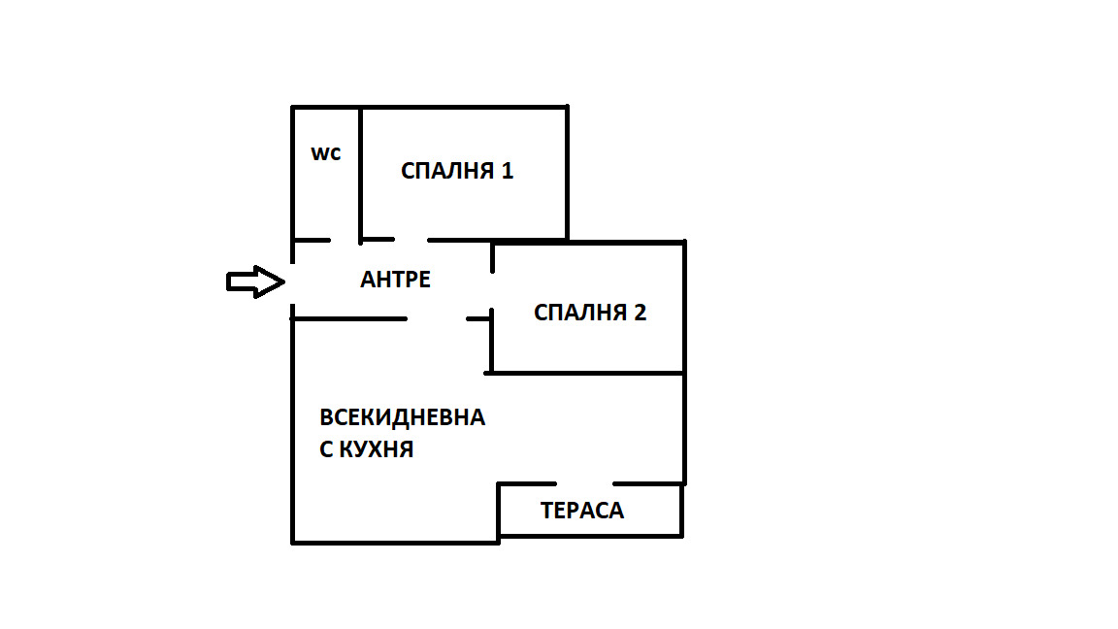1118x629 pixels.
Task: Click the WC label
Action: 325,154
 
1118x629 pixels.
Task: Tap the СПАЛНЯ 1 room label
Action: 457,172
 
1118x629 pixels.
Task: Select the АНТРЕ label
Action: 395,280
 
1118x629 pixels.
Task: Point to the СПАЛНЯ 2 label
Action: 590,313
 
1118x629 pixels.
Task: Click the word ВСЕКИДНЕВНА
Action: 403,418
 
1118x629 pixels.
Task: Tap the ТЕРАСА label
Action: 582,511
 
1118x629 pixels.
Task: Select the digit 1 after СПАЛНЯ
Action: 507,172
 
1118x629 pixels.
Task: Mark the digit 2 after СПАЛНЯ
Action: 640,313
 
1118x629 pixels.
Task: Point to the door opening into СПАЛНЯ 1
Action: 411,240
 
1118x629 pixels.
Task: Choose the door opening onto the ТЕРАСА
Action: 585,483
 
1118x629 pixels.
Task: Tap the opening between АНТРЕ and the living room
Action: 436,318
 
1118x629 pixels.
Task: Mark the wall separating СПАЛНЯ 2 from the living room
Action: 587,372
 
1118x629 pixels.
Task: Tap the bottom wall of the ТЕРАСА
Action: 590,535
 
